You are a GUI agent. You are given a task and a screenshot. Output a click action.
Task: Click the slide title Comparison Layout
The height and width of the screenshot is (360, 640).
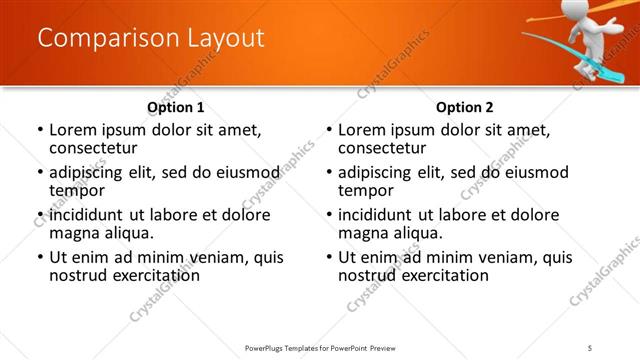point(151,39)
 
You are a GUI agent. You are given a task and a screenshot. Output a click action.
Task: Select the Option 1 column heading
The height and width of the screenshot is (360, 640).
point(175,107)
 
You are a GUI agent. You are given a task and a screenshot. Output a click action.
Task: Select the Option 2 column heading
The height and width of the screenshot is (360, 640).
point(465,107)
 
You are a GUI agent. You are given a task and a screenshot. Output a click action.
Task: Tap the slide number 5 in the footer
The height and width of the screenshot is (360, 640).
point(591,348)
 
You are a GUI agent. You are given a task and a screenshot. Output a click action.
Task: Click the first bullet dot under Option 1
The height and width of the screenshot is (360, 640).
point(39,130)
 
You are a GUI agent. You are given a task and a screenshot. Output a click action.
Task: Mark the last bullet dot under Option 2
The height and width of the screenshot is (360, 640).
point(329,257)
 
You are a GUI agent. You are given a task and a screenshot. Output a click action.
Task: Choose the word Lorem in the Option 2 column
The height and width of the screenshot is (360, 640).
point(363,130)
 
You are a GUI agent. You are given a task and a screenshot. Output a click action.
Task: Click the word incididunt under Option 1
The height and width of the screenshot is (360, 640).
point(88,214)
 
